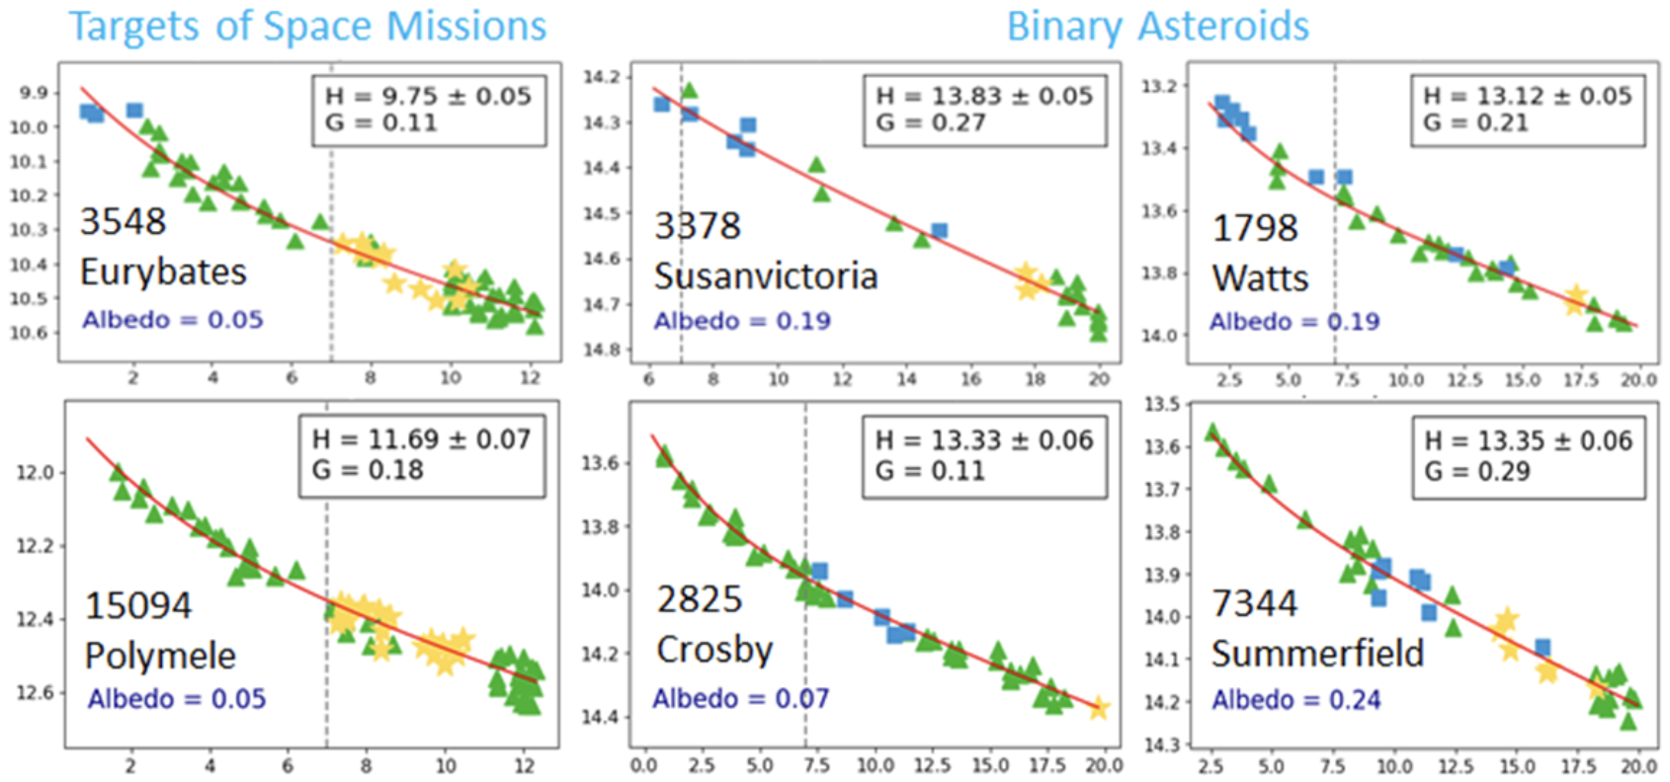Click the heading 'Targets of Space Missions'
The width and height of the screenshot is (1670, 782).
[x=307, y=27]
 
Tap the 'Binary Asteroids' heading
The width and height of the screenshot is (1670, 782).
[x=1157, y=27]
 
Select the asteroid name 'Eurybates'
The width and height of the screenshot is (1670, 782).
[x=163, y=272]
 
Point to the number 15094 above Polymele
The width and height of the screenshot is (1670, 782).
[x=138, y=605]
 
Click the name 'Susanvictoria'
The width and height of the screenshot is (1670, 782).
[x=766, y=276]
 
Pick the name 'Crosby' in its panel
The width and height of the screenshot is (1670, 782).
[x=714, y=650]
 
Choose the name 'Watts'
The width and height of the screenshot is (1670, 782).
[x=1260, y=278]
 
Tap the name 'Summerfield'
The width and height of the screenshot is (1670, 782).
[x=1317, y=654]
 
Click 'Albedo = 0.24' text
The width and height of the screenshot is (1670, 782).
[x=1295, y=700]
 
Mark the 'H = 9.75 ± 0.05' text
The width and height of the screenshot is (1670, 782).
[x=428, y=96]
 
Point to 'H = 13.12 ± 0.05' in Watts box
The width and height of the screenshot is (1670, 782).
[x=1527, y=96]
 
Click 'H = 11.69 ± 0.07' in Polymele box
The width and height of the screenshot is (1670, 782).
[x=421, y=439]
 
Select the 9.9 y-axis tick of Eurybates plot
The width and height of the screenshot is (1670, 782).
[x=34, y=93]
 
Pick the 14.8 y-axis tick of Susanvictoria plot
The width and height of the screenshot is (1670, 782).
[x=603, y=350]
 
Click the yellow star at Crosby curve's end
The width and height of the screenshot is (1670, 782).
[x=1098, y=708]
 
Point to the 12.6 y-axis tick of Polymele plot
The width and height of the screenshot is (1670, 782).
[x=34, y=693]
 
